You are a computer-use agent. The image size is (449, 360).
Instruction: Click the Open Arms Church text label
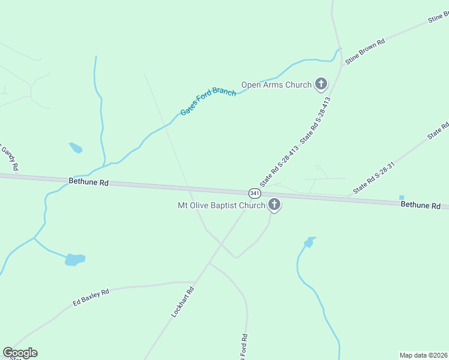pos(276,85)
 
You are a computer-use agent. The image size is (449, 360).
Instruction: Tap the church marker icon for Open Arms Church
pos(321,84)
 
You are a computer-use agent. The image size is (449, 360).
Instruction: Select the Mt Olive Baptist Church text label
pos(221,206)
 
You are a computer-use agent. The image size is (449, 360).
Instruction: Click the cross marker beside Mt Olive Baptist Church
pos(274,205)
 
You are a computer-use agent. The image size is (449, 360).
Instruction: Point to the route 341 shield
pos(255,193)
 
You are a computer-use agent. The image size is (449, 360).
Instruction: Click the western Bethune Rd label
pos(88,181)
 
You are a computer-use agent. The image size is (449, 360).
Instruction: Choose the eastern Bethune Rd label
pos(420,205)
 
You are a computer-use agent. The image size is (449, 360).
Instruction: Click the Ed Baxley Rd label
pos(91,296)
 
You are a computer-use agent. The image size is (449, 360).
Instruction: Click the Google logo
pos(20,353)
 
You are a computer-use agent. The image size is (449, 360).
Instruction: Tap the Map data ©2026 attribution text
pos(424,355)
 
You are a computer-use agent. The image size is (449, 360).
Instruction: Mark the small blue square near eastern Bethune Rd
pos(401,197)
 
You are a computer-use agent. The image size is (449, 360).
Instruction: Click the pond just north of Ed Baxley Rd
pos(75,259)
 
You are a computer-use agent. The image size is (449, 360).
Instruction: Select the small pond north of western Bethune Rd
pos(76,148)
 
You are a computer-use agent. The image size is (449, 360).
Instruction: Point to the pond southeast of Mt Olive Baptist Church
pos(309,242)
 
